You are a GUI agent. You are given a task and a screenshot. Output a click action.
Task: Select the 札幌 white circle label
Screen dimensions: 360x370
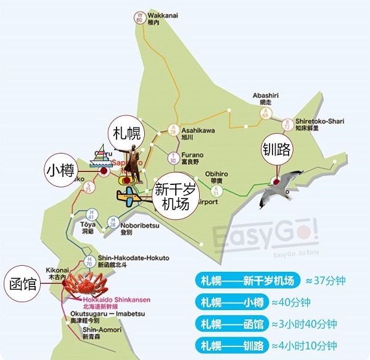(125, 133)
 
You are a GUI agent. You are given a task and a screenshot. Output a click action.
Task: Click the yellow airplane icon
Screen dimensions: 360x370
(133, 198)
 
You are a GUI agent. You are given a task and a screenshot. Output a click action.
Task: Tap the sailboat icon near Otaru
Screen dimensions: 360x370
(100, 156)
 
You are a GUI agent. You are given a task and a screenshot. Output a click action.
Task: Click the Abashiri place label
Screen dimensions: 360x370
(265, 96)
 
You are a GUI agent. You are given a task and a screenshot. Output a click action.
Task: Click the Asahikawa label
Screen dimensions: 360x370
(198, 131)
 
